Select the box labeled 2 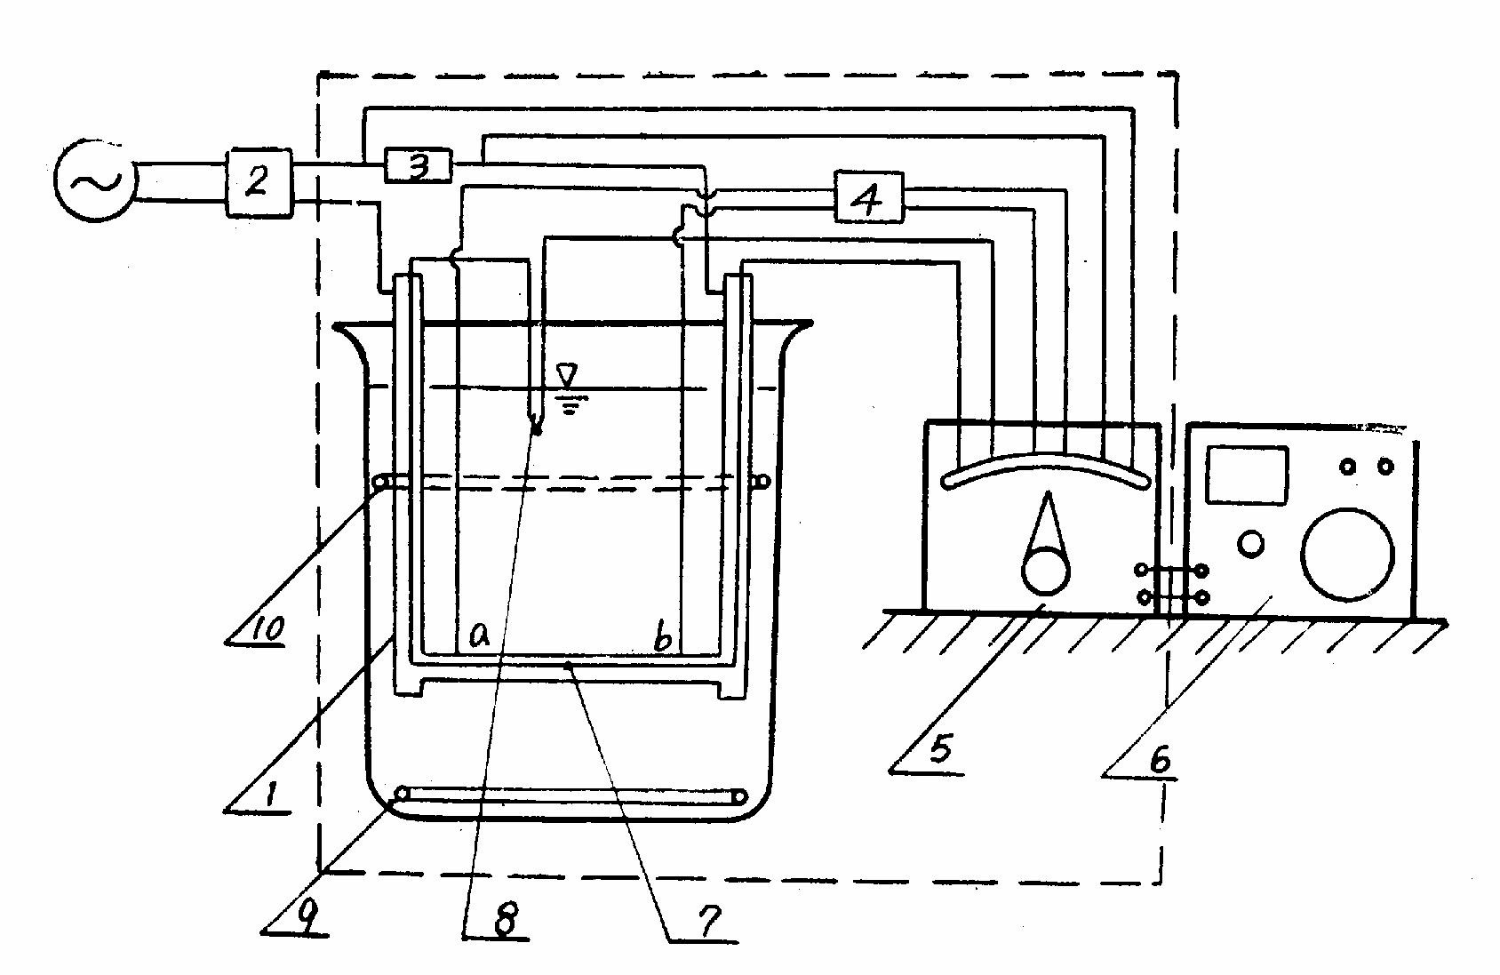click(x=258, y=181)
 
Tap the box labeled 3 click(x=418, y=166)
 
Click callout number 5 click(x=940, y=749)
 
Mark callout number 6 click(x=1158, y=759)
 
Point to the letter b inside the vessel click(x=661, y=637)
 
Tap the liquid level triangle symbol click(x=566, y=373)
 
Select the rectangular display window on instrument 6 click(x=1247, y=475)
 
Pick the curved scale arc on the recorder click(x=1047, y=468)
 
